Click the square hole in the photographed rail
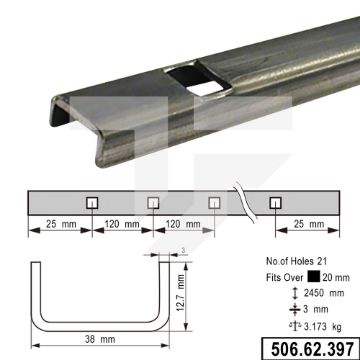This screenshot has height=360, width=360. click(x=199, y=80)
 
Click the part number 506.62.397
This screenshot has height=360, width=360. click(x=312, y=349)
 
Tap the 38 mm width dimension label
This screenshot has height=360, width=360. click(x=100, y=339)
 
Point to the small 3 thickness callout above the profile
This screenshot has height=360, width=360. click(x=183, y=250)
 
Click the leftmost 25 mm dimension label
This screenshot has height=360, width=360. click(x=61, y=224)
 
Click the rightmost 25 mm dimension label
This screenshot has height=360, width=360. click(x=309, y=224)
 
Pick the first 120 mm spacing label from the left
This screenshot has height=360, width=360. click(x=122, y=224)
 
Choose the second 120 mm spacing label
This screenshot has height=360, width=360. click(x=183, y=224)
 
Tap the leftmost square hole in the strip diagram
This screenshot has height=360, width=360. click(x=92, y=203)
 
